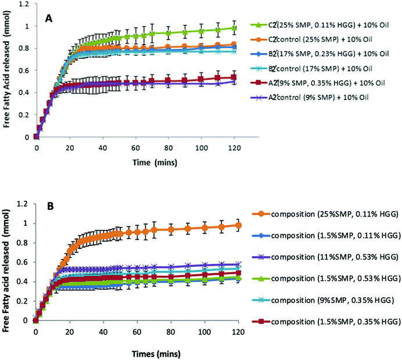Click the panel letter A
(49, 20)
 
